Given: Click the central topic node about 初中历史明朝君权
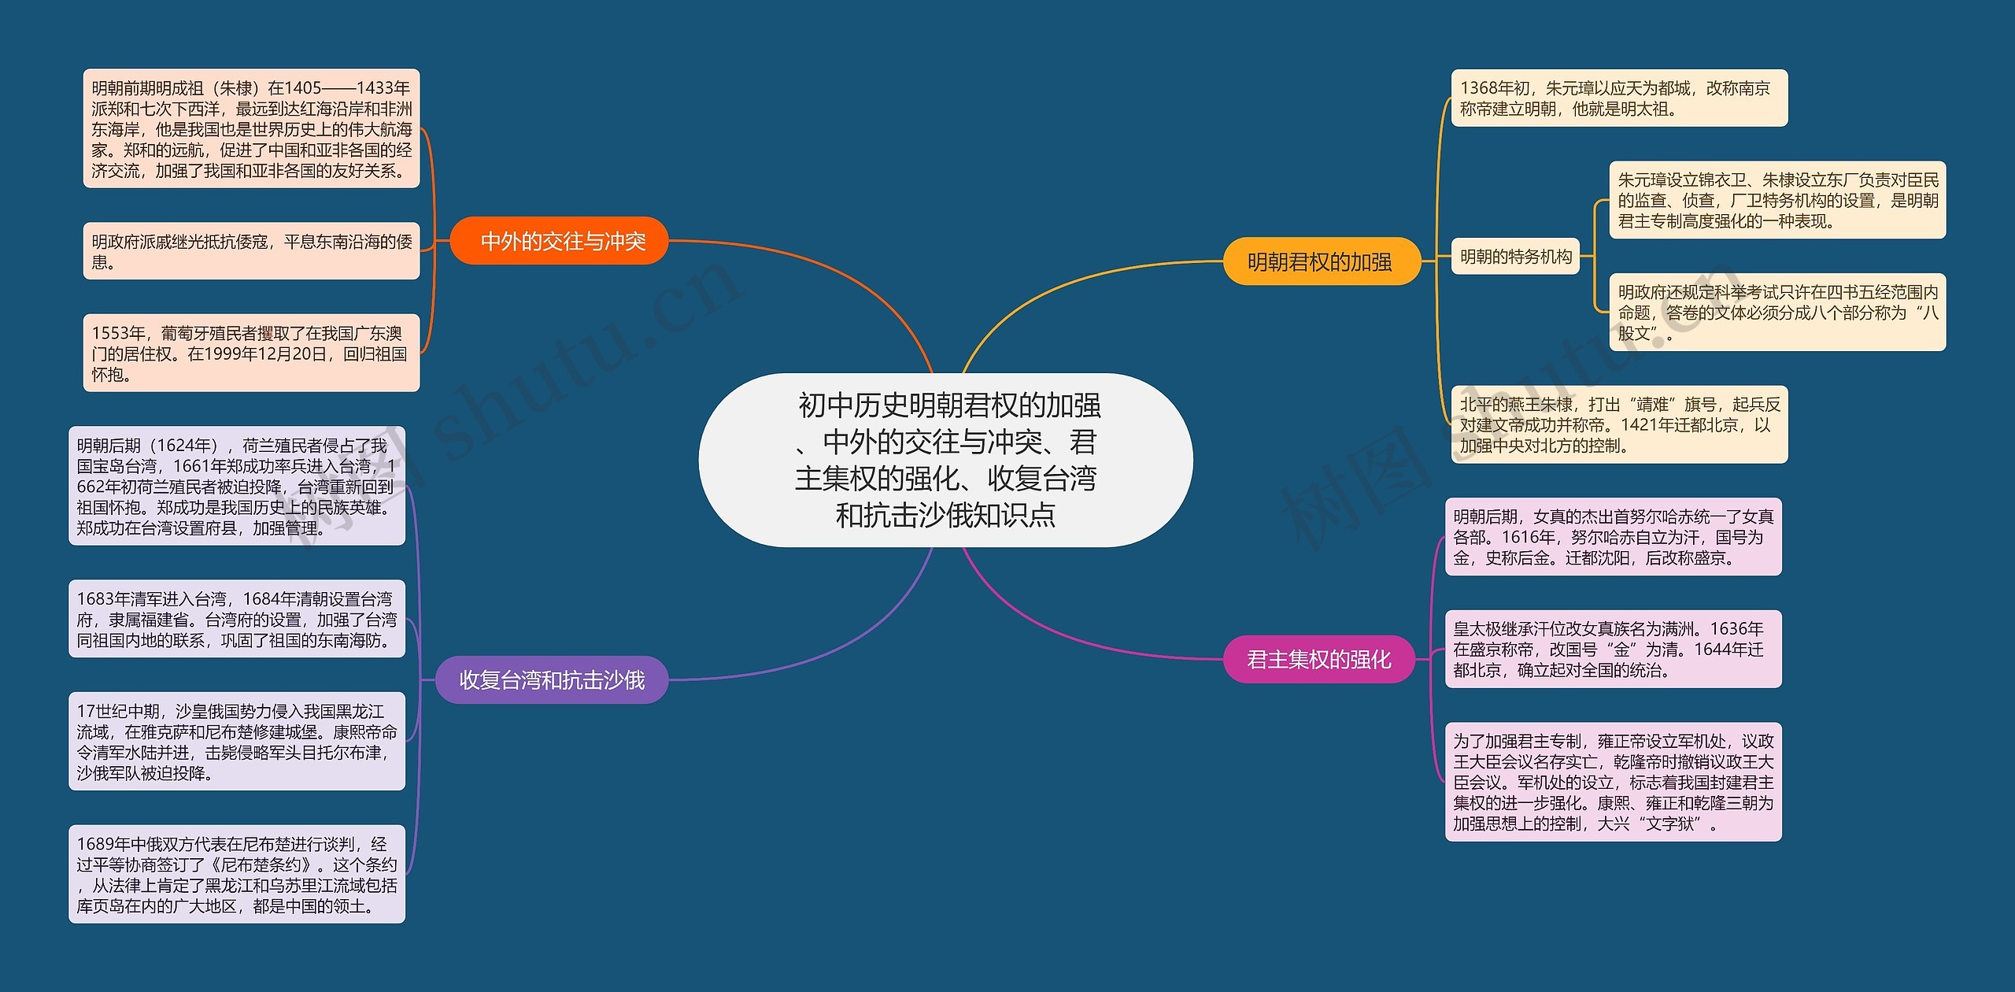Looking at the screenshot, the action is tap(945, 460).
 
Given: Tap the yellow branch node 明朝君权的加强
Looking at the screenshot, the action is tap(1321, 261).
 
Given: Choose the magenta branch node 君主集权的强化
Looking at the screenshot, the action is tap(1319, 659).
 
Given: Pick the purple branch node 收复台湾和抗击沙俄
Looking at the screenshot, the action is tap(552, 679).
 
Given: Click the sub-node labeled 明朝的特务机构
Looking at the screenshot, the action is tap(1515, 257).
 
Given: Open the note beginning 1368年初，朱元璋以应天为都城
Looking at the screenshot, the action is tap(1618, 98).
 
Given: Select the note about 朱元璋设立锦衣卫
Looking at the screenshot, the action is tap(1777, 200).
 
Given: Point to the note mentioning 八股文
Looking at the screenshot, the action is tap(1777, 313).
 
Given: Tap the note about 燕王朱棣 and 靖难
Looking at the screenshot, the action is tap(1618, 425).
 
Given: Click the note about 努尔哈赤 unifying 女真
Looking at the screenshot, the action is tap(1613, 537).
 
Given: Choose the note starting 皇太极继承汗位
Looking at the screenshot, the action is tap(1613, 650).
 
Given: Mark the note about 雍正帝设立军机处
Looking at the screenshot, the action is tap(1613, 782).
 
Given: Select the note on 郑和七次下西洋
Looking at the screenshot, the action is tap(251, 128).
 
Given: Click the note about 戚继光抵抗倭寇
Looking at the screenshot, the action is tap(251, 251).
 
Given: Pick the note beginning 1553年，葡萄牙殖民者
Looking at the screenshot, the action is tap(251, 353).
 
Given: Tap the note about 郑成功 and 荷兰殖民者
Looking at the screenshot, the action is tap(236, 486).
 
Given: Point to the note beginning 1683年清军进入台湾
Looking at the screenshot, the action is tap(236, 620).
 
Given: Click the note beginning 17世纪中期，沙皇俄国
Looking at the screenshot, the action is tap(236, 742).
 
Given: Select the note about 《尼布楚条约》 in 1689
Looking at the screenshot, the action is tap(236, 875).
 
